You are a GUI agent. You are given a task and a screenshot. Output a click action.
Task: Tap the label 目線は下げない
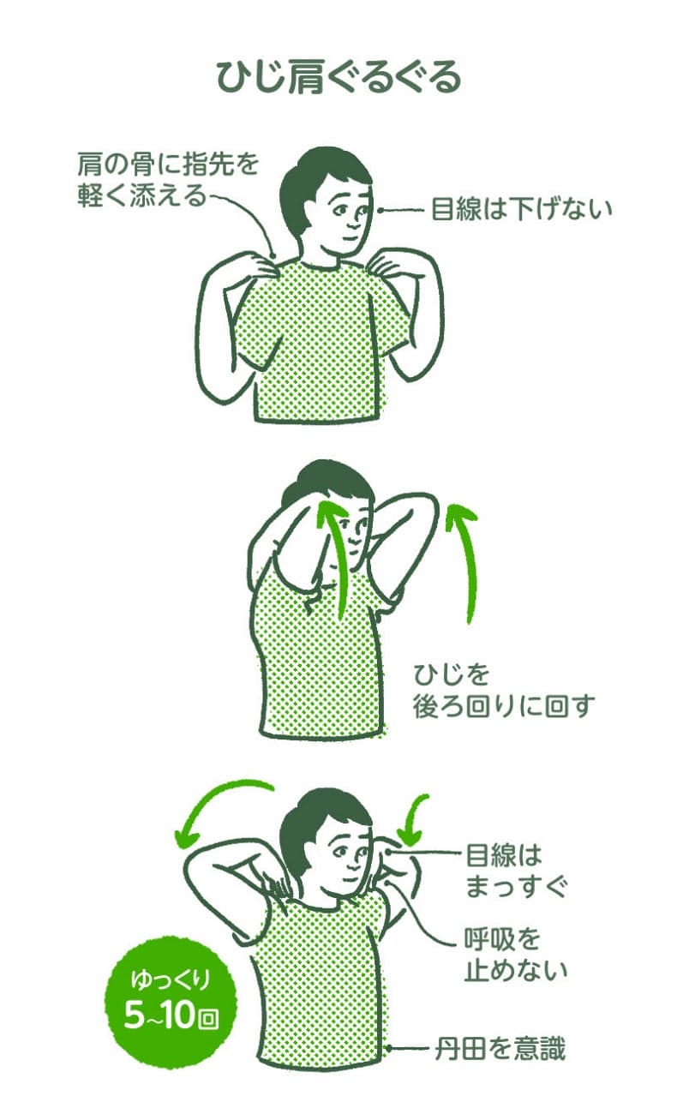tap(522, 209)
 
